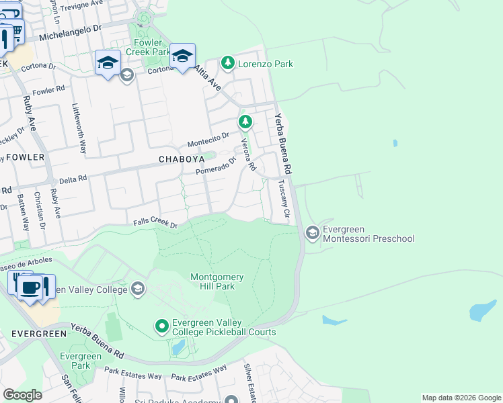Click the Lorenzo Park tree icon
pyautogui.click(x=228, y=64)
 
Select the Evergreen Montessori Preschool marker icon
pyautogui.click(x=312, y=233)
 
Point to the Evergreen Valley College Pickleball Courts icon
pyautogui.click(x=161, y=326)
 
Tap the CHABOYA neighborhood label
pyautogui.click(x=180, y=159)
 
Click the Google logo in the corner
pyautogui.click(x=22, y=395)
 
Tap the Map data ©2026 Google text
pyautogui.click(x=461, y=398)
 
